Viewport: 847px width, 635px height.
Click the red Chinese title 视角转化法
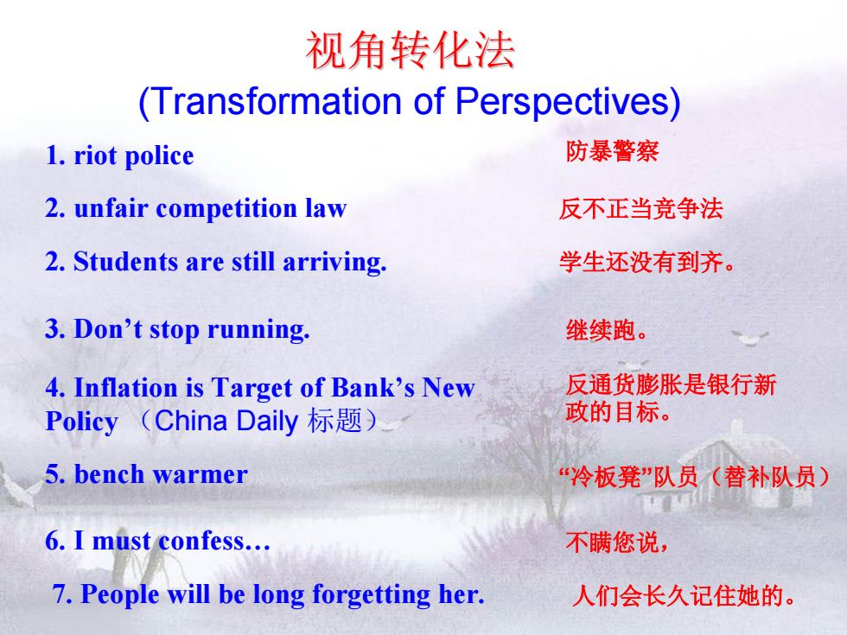click(x=410, y=50)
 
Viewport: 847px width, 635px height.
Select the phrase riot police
click(x=133, y=156)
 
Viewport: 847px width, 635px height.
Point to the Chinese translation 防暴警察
click(x=612, y=151)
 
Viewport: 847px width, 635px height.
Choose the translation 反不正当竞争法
click(x=640, y=209)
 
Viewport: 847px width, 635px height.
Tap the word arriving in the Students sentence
click(x=334, y=263)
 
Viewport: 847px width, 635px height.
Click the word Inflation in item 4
click(x=125, y=388)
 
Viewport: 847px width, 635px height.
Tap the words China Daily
click(x=226, y=422)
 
